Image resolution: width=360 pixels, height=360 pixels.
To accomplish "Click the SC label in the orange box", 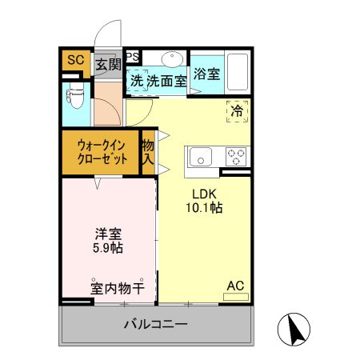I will point(74,60).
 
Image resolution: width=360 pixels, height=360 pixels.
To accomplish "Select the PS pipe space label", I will point(133,56).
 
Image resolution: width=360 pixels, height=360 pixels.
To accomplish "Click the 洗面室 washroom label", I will point(166,80).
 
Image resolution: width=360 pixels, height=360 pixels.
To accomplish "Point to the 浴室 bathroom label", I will point(207,74).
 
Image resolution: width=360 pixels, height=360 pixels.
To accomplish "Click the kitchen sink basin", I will point(200,154).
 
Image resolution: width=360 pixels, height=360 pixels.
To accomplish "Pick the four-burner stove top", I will point(236,154).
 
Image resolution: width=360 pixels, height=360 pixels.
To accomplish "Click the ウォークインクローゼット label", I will point(102,152).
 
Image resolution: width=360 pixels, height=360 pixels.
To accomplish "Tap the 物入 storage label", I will point(148,152).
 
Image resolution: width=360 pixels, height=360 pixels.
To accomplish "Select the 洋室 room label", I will point(108,234).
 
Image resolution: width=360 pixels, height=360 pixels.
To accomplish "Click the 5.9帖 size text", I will point(108,248).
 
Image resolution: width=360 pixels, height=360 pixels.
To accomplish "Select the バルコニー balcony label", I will point(155,325).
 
